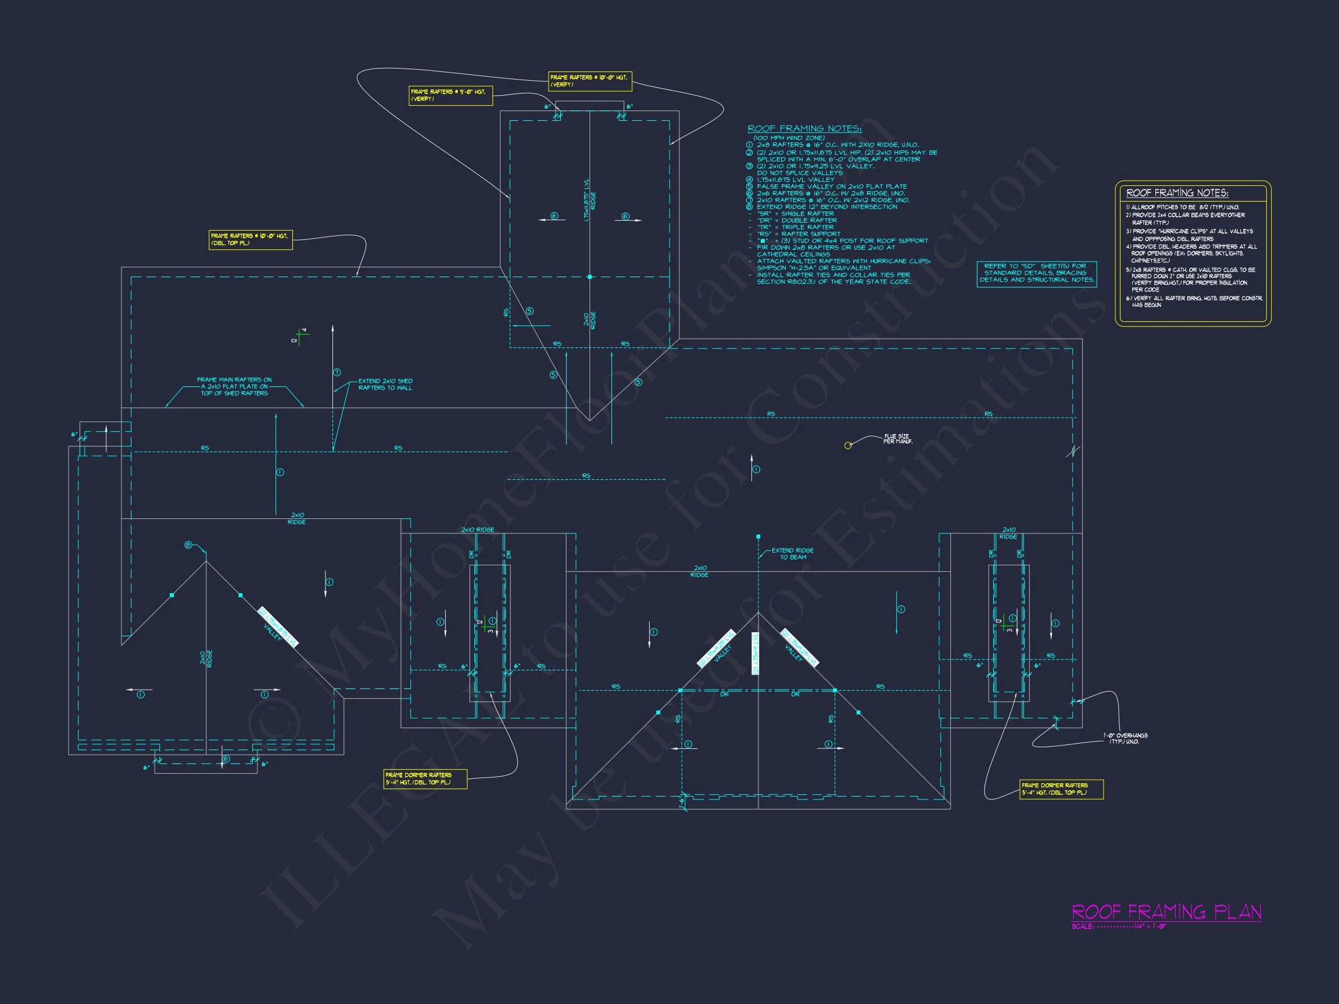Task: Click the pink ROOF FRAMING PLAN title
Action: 1166,912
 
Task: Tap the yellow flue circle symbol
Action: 848,446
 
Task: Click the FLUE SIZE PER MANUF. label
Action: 897,439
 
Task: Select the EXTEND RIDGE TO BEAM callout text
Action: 792,554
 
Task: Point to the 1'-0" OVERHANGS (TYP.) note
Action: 1125,738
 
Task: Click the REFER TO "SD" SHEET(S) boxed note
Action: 1036,273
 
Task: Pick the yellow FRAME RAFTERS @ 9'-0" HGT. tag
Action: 450,96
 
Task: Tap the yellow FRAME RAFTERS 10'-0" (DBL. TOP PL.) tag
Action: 250,239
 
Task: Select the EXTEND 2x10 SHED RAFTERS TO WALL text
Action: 385,384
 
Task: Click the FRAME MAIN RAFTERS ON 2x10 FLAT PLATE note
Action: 234,387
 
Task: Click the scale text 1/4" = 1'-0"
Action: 1150,927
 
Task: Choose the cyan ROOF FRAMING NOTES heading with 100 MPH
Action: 804,129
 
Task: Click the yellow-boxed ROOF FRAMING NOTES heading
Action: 1177,193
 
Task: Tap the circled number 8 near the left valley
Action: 188,545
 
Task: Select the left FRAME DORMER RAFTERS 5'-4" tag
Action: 425,779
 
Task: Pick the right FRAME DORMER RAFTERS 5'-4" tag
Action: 1061,789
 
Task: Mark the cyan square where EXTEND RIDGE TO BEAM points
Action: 758,537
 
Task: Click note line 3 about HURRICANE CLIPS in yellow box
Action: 1190,235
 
